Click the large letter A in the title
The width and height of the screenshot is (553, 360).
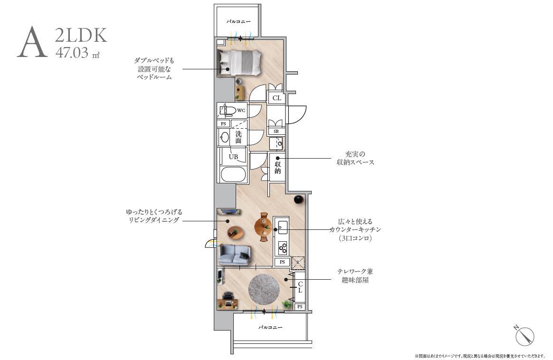tap(32, 43)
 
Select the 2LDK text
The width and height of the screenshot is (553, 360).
tap(81, 36)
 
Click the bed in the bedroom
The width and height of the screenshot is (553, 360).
tap(240, 62)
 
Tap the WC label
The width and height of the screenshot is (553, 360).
tap(241, 111)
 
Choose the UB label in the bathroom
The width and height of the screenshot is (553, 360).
tap(233, 157)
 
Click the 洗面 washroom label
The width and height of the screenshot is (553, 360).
tap(238, 137)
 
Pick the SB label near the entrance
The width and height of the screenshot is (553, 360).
tap(276, 131)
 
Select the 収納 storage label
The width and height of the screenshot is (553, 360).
tap(277, 168)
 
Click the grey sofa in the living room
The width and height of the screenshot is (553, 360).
tap(234, 254)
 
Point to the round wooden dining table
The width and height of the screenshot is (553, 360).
tap(264, 225)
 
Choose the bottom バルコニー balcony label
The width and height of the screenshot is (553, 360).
tap(270, 328)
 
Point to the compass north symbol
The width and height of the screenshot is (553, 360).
tap(524, 336)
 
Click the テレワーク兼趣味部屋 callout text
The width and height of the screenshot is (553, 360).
tap(355, 275)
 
